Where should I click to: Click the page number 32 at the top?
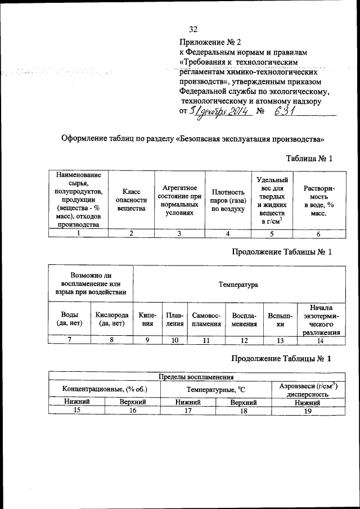(193, 29)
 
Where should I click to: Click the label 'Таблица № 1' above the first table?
(309, 159)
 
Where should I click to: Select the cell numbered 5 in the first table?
(272, 233)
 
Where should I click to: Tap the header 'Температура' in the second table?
(238, 285)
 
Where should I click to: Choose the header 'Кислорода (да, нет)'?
(112, 319)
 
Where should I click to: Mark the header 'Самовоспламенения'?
(206, 319)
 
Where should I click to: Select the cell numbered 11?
(206, 340)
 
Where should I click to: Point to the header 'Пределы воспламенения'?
(196, 377)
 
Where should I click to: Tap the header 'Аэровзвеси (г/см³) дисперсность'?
(307, 389)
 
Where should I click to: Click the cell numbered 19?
(307, 411)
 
